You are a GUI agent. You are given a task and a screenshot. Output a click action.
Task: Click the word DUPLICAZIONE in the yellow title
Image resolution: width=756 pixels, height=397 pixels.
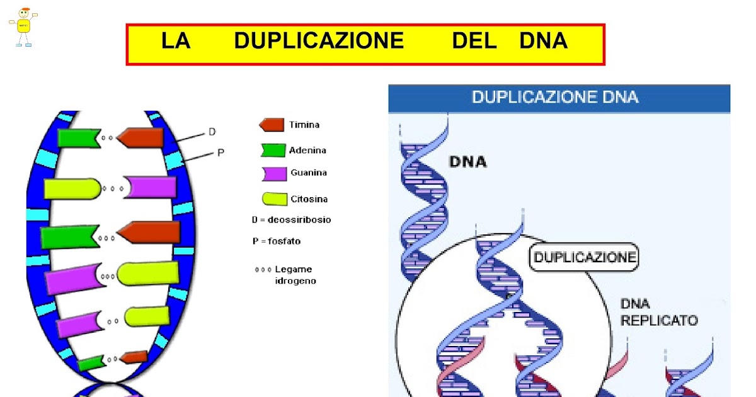pos(318,41)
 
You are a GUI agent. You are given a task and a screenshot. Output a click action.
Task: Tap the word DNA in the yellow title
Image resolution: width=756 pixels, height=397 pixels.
pos(543,41)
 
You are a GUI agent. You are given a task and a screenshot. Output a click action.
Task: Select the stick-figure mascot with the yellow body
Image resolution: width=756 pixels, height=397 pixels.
pos(23,26)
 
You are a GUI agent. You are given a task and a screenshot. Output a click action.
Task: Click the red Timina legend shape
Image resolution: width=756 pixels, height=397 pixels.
pos(272,124)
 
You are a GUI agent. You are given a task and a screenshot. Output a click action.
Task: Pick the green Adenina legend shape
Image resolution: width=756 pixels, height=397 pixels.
pos(273,150)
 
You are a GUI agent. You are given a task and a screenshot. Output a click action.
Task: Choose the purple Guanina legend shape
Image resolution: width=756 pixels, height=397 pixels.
pos(273,173)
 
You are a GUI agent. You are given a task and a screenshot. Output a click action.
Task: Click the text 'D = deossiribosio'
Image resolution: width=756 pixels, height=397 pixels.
pos(291,220)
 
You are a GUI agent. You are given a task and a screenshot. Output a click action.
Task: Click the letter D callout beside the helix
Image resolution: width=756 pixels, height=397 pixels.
pos(212,132)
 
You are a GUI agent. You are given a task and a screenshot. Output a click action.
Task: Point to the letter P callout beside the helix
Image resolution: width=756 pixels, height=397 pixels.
pos(220,152)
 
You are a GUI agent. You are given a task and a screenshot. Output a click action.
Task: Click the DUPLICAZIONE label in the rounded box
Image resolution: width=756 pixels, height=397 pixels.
pos(583,257)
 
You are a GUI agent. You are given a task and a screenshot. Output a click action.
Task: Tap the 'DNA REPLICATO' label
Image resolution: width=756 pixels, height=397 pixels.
pos(658,312)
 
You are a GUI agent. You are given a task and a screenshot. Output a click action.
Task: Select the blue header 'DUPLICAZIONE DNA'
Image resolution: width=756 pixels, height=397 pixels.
pos(554,97)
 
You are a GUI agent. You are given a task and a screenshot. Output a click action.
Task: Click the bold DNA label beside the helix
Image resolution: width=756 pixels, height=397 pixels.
pos(467,162)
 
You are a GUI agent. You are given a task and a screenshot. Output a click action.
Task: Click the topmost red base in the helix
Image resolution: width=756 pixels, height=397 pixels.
pos(141,138)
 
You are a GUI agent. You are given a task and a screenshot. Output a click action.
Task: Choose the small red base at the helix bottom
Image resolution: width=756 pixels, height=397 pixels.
pos(134,357)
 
